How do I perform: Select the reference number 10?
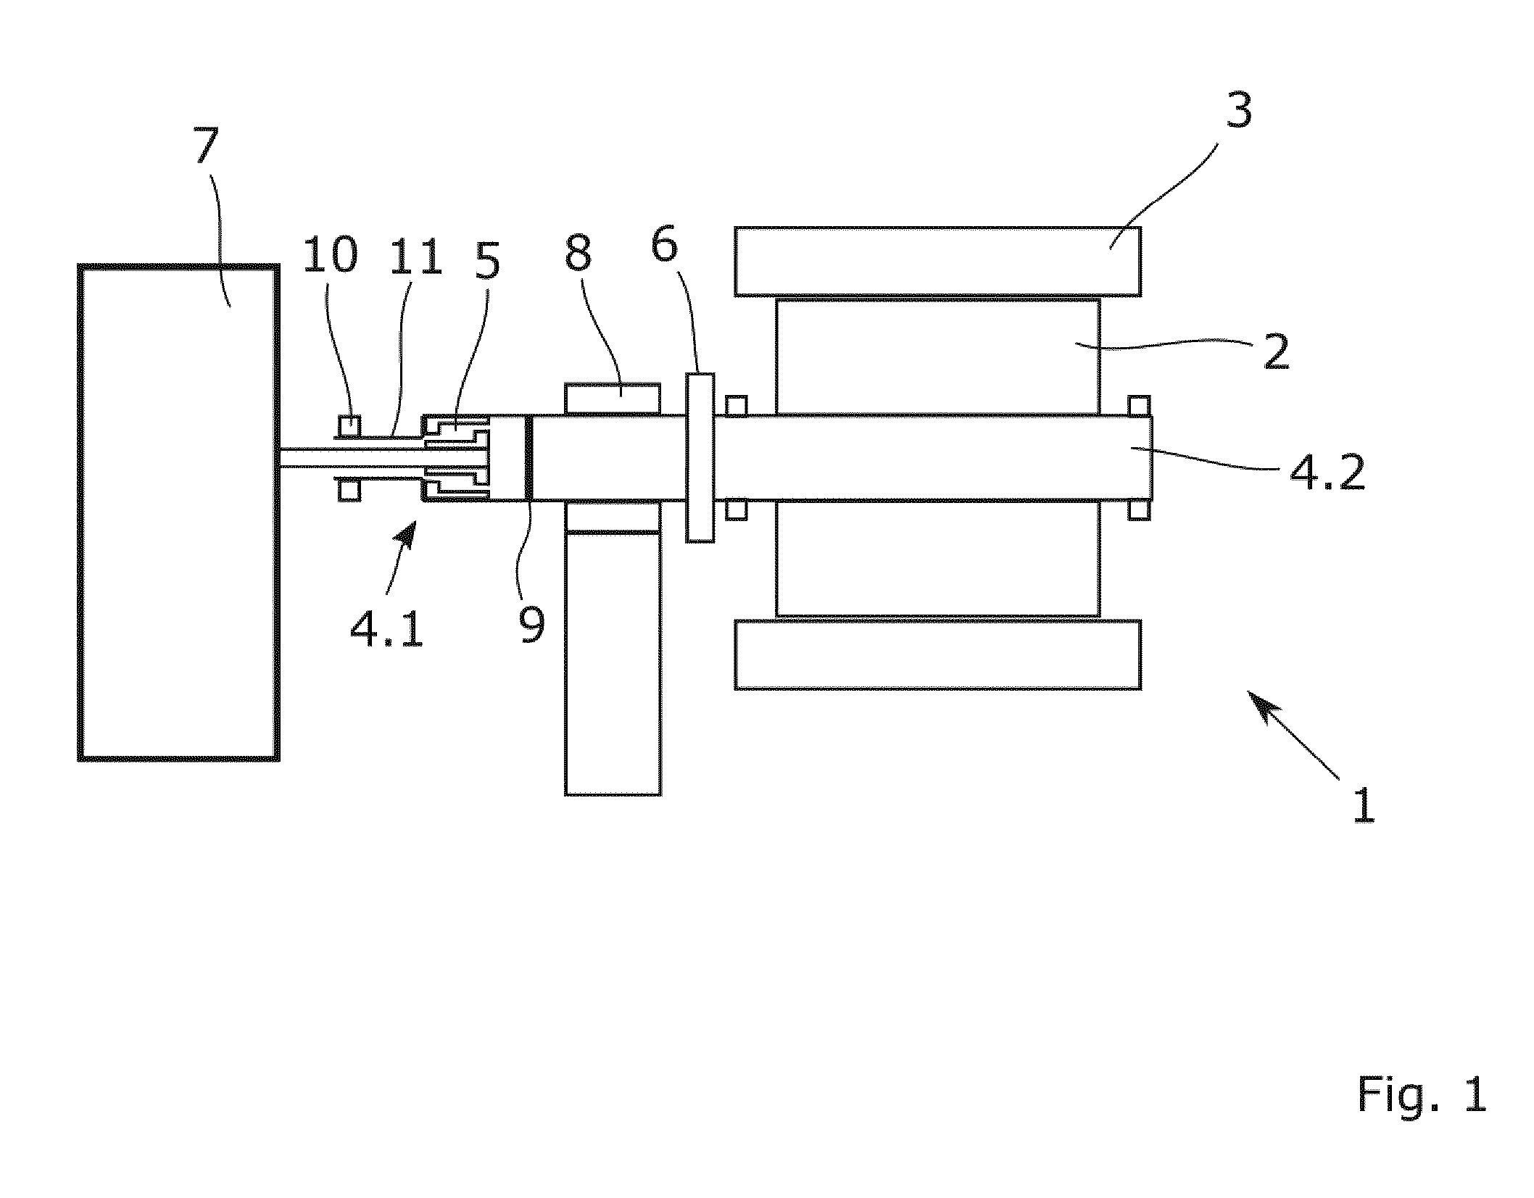point(331,255)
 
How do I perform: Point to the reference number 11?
point(416,255)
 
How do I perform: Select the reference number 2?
point(1277,352)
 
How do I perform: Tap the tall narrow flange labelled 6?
point(700,457)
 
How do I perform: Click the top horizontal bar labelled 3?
point(938,262)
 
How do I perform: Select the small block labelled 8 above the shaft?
point(612,399)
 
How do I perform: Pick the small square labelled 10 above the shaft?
point(349,425)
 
